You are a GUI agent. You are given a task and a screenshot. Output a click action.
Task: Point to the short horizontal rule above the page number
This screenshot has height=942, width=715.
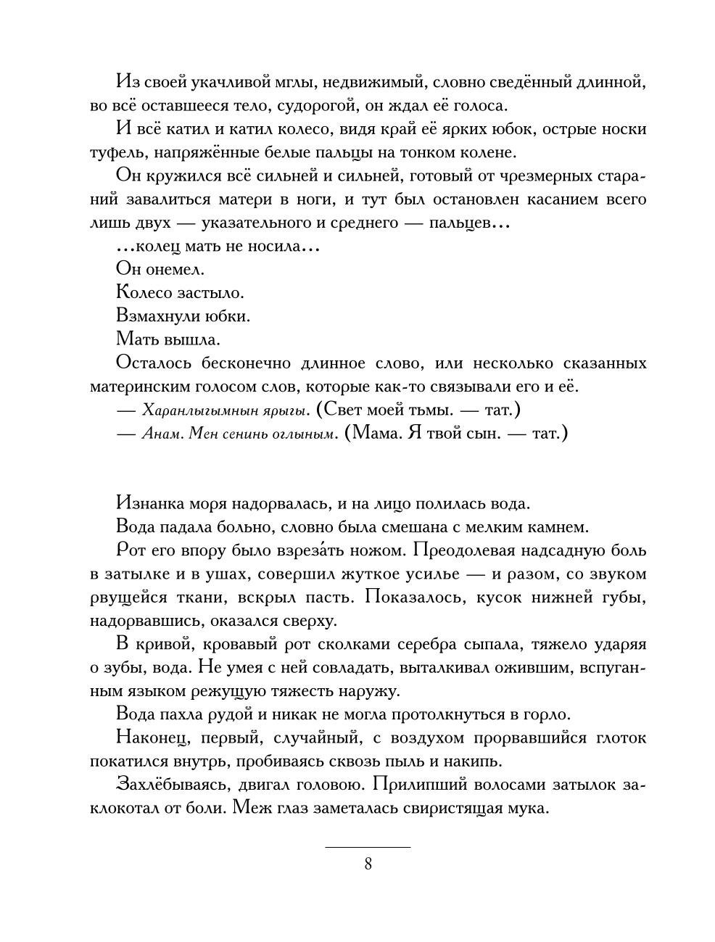coord(367,846)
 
